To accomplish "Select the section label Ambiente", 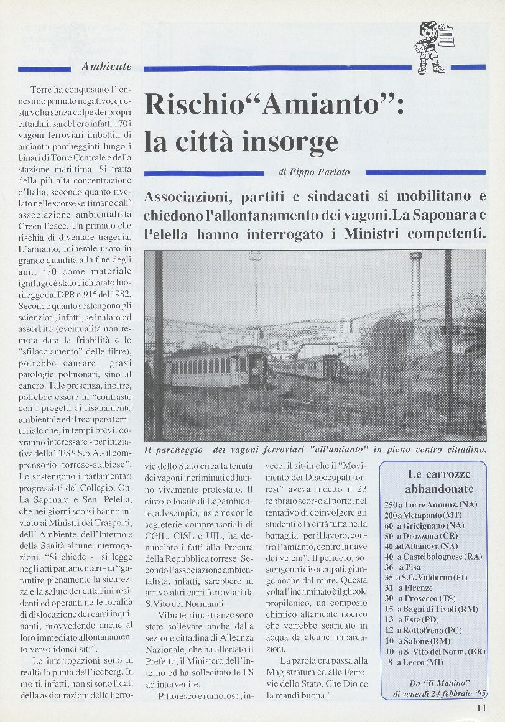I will coord(106,67).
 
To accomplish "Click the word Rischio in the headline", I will coord(193,104).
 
